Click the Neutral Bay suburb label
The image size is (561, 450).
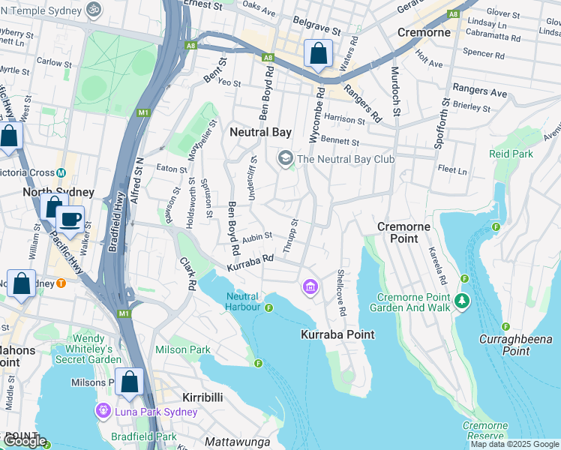[x=259, y=132]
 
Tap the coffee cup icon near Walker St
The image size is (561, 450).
[x=70, y=220]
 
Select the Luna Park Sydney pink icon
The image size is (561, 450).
[x=103, y=411]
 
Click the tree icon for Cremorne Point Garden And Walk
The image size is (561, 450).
[x=463, y=301]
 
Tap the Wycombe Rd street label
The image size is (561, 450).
[x=318, y=115]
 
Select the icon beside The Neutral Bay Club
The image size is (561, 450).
[x=285, y=158]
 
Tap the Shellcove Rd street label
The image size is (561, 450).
[x=342, y=292]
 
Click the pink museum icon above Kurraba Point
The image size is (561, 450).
[x=310, y=286]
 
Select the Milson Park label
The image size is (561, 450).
[x=182, y=350]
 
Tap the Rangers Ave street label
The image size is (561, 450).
[x=480, y=92]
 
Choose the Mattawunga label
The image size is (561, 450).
[x=237, y=442]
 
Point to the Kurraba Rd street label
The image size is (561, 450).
[x=250, y=262]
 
